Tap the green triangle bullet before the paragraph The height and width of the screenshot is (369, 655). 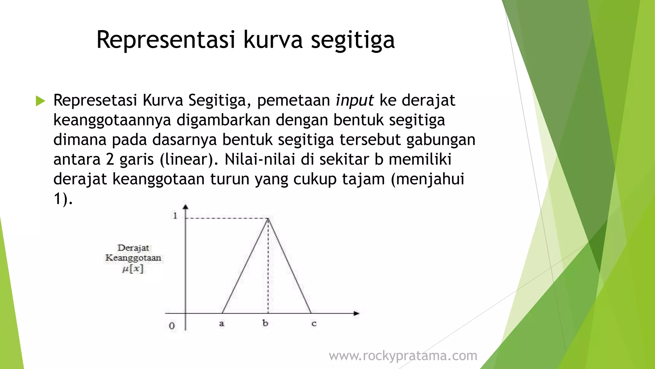tap(40, 101)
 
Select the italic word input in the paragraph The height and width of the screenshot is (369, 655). tap(354, 101)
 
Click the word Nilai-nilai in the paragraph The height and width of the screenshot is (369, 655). tap(259, 160)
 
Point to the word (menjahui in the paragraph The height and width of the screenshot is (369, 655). tap(427, 179)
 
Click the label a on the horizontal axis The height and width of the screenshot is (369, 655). tap(222, 324)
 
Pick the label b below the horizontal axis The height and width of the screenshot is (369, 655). tap(265, 323)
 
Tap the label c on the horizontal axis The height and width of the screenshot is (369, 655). tap(314, 324)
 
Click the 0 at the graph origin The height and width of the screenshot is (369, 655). tap(172, 326)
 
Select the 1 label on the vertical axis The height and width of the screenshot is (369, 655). tap(175, 216)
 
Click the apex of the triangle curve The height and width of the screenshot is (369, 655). tap(268, 218)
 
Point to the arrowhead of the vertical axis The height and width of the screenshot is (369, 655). tap(185, 207)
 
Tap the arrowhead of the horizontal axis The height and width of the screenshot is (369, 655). tap(357, 313)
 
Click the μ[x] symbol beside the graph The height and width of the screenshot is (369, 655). tap(133, 268)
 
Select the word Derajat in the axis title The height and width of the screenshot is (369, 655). tap(133, 248)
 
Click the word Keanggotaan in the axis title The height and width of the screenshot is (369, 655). tap(133, 258)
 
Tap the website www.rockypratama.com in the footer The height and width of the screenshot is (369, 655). tap(403, 356)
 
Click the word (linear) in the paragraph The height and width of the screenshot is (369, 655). tap(189, 160)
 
